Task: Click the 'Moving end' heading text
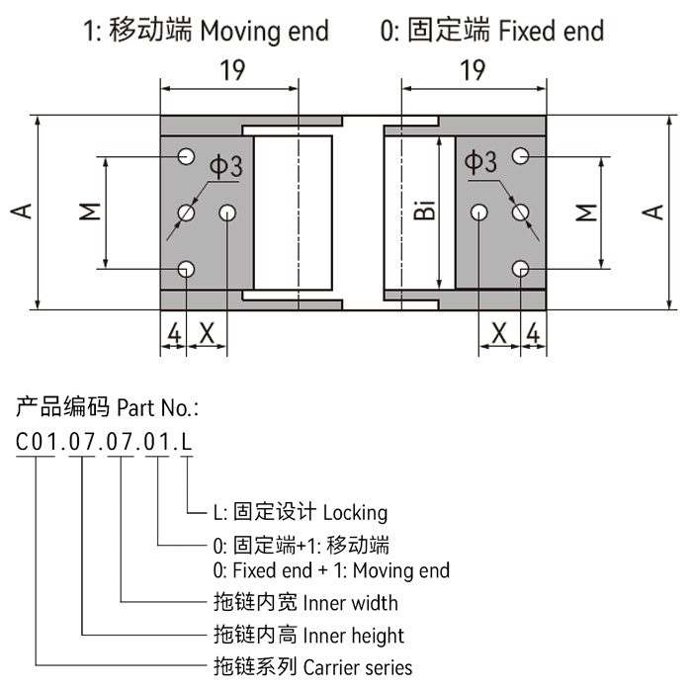pos(264,31)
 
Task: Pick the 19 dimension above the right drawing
pos(473,70)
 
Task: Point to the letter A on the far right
pos(653,211)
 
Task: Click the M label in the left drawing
pos(89,211)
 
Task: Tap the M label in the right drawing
pos(586,212)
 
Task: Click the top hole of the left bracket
pos(185,155)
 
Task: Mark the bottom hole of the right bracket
pos(521,268)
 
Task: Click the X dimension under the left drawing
pos(207,333)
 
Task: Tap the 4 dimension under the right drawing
pos(534,333)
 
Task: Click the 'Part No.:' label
pos(158,406)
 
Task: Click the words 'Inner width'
pos(351,602)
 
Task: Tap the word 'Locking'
pos(355,512)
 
